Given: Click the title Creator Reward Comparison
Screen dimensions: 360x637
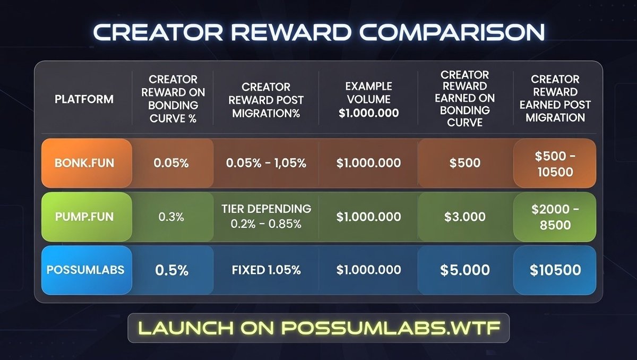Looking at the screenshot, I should [318, 32].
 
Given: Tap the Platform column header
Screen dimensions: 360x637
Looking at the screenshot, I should [84, 99].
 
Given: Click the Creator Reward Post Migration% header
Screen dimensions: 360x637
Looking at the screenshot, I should [265, 99].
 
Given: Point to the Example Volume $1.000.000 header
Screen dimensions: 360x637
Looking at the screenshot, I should [368, 99].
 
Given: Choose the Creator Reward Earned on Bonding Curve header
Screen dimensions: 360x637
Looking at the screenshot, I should [464, 99].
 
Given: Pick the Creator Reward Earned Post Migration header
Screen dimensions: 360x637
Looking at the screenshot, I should [555, 99].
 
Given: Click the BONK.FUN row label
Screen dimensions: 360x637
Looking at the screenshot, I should [84, 163].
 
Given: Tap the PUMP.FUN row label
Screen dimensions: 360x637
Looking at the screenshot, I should [84, 217].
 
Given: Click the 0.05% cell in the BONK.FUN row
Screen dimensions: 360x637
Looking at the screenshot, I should [171, 163].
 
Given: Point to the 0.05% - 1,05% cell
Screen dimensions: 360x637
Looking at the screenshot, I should [266, 163].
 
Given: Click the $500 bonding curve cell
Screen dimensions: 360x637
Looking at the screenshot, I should [465, 163].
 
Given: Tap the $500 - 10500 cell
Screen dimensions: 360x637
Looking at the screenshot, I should [555, 163].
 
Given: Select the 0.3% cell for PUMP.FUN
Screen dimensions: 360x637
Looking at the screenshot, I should [171, 217].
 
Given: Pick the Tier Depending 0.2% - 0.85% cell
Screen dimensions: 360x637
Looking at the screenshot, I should [266, 217].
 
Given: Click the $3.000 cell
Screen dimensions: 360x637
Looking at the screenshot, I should [465, 217].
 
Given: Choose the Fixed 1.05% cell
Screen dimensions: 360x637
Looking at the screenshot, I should [266, 270].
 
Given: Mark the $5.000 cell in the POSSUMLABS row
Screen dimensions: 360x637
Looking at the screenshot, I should [465, 270].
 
